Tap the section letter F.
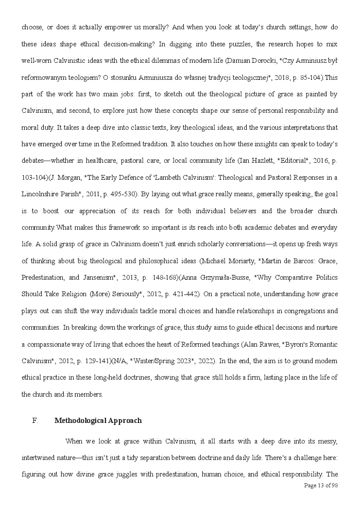(x=35, y=420)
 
